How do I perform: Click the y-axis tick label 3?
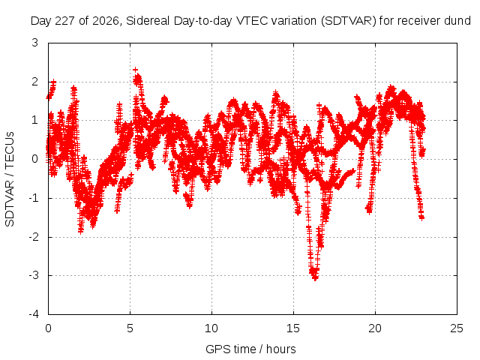[x=35, y=43]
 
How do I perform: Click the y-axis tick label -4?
[x=34, y=314]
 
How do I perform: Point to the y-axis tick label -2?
[x=34, y=237]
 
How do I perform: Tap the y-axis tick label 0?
[x=35, y=159]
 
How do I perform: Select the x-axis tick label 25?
[x=457, y=328]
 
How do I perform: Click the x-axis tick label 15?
[x=293, y=328]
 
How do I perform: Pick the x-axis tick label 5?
[x=130, y=328]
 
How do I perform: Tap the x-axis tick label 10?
[x=211, y=328]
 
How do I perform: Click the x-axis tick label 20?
[x=375, y=328]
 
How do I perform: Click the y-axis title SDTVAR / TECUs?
[x=10, y=179]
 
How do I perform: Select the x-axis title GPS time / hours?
[x=250, y=349]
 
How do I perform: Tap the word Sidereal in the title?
[x=148, y=21]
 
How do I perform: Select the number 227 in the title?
[x=66, y=21]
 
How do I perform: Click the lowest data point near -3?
[x=315, y=278]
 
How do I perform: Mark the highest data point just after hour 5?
[x=135, y=70]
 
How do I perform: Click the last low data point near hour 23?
[x=421, y=218]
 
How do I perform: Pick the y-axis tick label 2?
[x=35, y=82]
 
